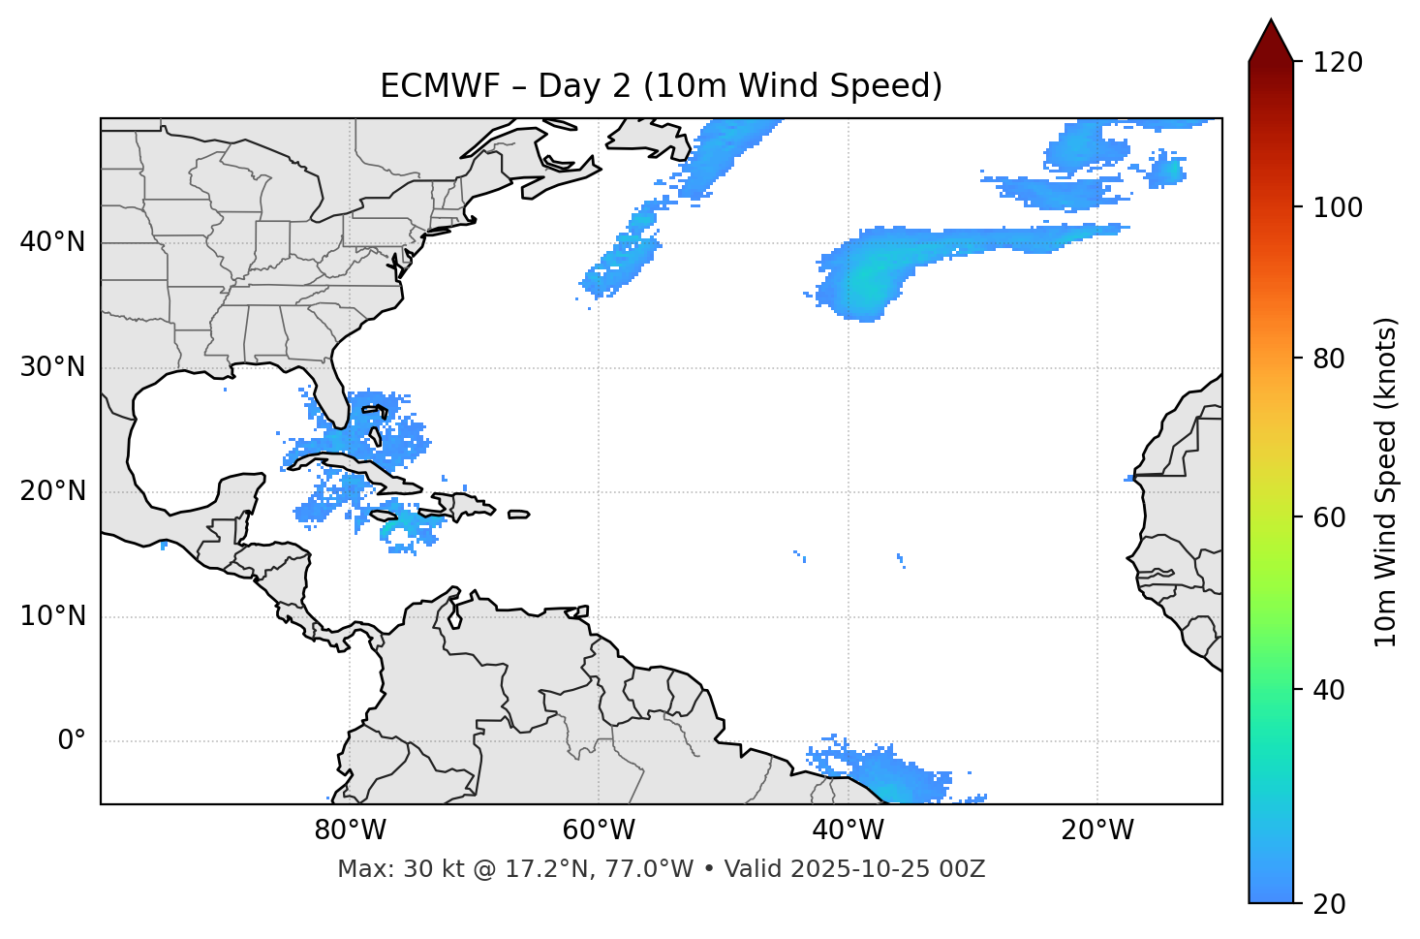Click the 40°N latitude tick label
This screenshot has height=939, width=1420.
click(x=52, y=242)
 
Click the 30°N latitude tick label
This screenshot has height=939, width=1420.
click(x=52, y=367)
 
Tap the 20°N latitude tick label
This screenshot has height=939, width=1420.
click(x=52, y=491)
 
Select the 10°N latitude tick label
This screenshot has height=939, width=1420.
click(x=52, y=616)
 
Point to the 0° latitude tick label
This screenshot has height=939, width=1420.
click(x=71, y=741)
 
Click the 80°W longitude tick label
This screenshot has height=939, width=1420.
click(x=350, y=830)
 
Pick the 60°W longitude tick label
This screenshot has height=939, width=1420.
click(x=599, y=830)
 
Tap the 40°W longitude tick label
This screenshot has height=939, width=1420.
click(x=848, y=830)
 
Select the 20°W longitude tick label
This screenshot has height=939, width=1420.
click(x=1097, y=830)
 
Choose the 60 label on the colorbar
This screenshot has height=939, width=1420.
click(x=1329, y=517)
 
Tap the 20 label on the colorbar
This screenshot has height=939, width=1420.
click(x=1329, y=904)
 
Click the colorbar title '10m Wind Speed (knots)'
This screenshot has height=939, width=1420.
click(x=1386, y=482)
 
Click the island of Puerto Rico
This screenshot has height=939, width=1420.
click(x=518, y=515)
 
